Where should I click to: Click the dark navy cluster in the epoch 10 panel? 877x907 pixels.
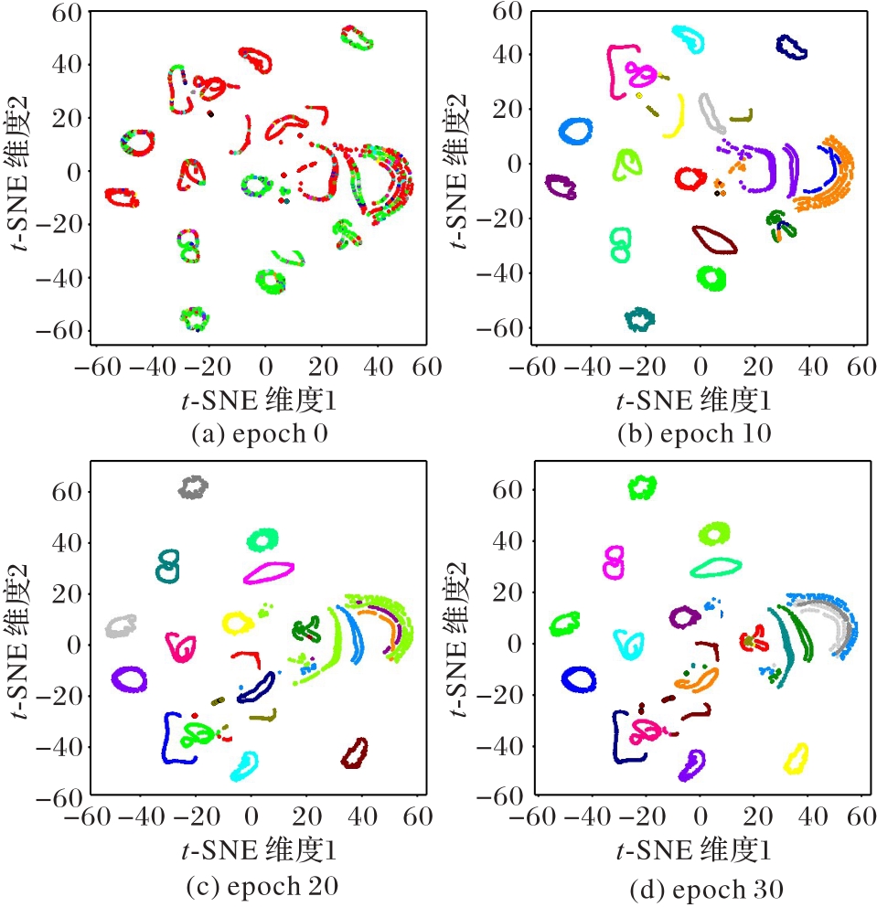[x=792, y=47]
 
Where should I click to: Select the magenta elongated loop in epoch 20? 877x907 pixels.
[x=269, y=572]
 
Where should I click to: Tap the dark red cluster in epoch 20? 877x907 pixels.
[x=355, y=754]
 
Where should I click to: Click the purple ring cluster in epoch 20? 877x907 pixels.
[x=130, y=678]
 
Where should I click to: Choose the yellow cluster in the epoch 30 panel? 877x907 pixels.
[x=797, y=758]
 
